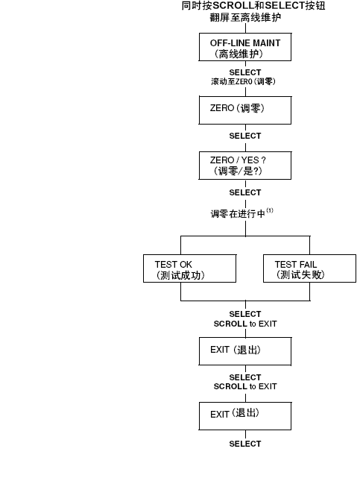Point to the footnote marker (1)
270,210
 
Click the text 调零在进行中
238,214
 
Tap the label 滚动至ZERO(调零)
243,81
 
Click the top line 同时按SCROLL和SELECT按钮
253,5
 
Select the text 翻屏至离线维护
245,17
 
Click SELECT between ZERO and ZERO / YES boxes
245,136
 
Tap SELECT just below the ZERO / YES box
245,192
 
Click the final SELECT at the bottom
245,444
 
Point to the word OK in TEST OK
186,264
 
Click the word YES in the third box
250,160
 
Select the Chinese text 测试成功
180,275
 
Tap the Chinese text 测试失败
300,274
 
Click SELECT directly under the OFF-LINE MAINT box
245,72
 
